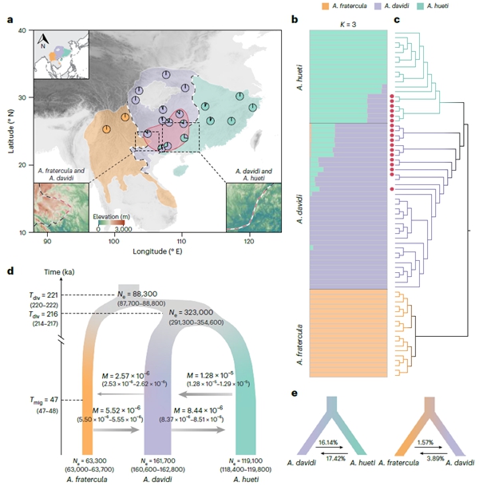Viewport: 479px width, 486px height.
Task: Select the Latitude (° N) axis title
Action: (8, 131)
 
